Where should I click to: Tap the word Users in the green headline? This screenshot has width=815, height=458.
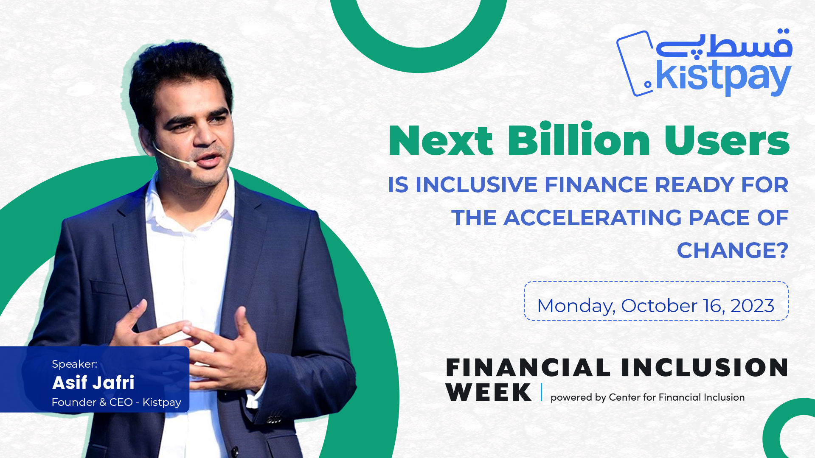tap(727, 140)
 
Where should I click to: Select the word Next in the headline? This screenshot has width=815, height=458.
tap(441, 140)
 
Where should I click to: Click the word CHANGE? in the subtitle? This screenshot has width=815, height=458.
tap(733, 250)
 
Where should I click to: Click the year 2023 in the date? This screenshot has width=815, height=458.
tap(752, 306)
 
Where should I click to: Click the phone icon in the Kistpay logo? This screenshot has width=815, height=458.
tap(635, 64)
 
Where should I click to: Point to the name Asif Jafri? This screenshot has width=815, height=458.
tap(93, 383)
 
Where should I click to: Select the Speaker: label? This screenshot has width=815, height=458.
tap(75, 364)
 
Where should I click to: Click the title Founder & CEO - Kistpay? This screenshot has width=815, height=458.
tap(116, 402)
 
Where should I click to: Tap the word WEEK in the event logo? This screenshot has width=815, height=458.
tap(489, 392)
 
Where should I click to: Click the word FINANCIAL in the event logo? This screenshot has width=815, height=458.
tap(528, 368)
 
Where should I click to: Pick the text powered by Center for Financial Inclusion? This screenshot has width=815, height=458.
tap(647, 397)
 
